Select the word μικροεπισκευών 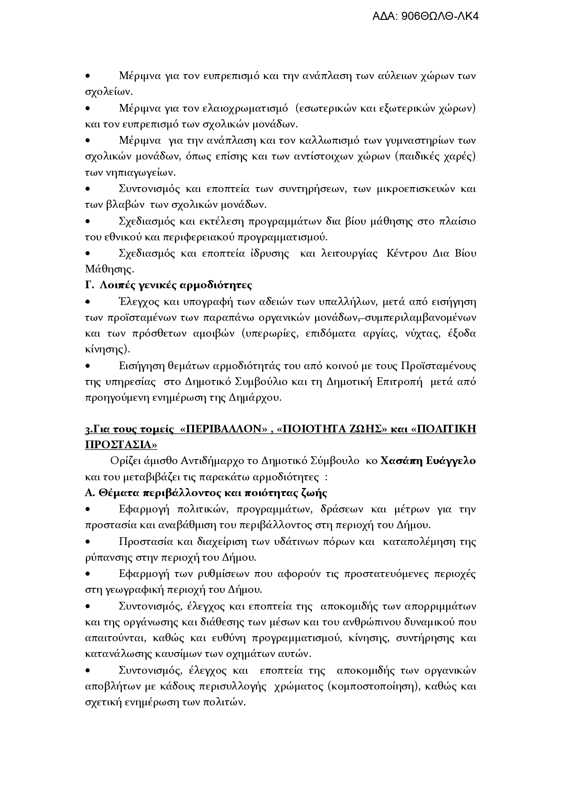(x=415, y=188)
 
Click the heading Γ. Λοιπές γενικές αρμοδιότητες (x=169, y=285)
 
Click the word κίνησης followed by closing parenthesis (x=105, y=349)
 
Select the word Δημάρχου (x=255, y=398)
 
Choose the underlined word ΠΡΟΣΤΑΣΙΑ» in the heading (x=121, y=445)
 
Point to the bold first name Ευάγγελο (x=448, y=461)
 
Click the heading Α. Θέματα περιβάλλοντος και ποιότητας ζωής (x=206, y=493)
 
